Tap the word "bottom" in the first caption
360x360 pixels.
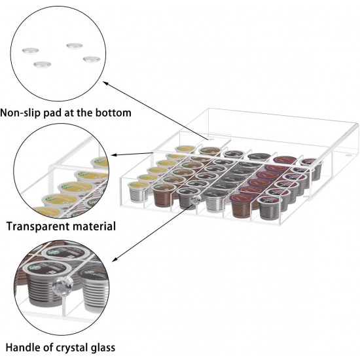(x=111, y=113)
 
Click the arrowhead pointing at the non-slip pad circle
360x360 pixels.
(x=105, y=84)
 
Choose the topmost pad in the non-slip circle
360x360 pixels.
(x=73, y=45)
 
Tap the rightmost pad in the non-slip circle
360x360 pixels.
(x=90, y=60)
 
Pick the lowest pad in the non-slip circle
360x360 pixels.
(x=43, y=65)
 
